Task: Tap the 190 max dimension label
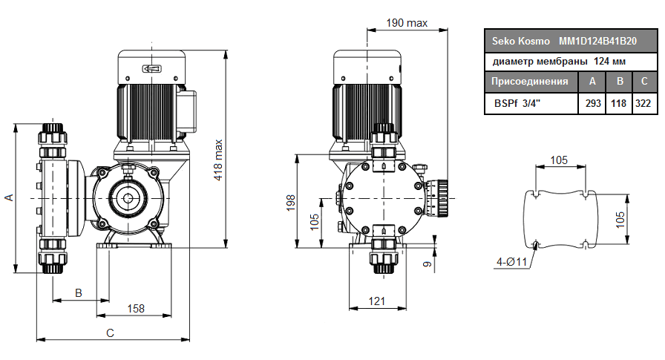click(x=407, y=23)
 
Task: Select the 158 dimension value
click(x=135, y=308)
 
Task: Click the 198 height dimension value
click(x=291, y=202)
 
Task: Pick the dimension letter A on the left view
click(x=9, y=197)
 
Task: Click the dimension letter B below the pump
click(x=79, y=293)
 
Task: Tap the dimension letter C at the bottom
click(x=110, y=333)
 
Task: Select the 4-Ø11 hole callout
click(x=511, y=261)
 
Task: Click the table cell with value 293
click(x=593, y=103)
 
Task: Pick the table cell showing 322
click(x=643, y=103)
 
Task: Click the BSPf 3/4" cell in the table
click(x=517, y=103)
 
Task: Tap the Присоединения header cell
click(x=531, y=82)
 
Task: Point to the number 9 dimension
click(x=427, y=263)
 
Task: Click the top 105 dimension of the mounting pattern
click(x=560, y=160)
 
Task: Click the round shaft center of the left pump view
click(x=125, y=199)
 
